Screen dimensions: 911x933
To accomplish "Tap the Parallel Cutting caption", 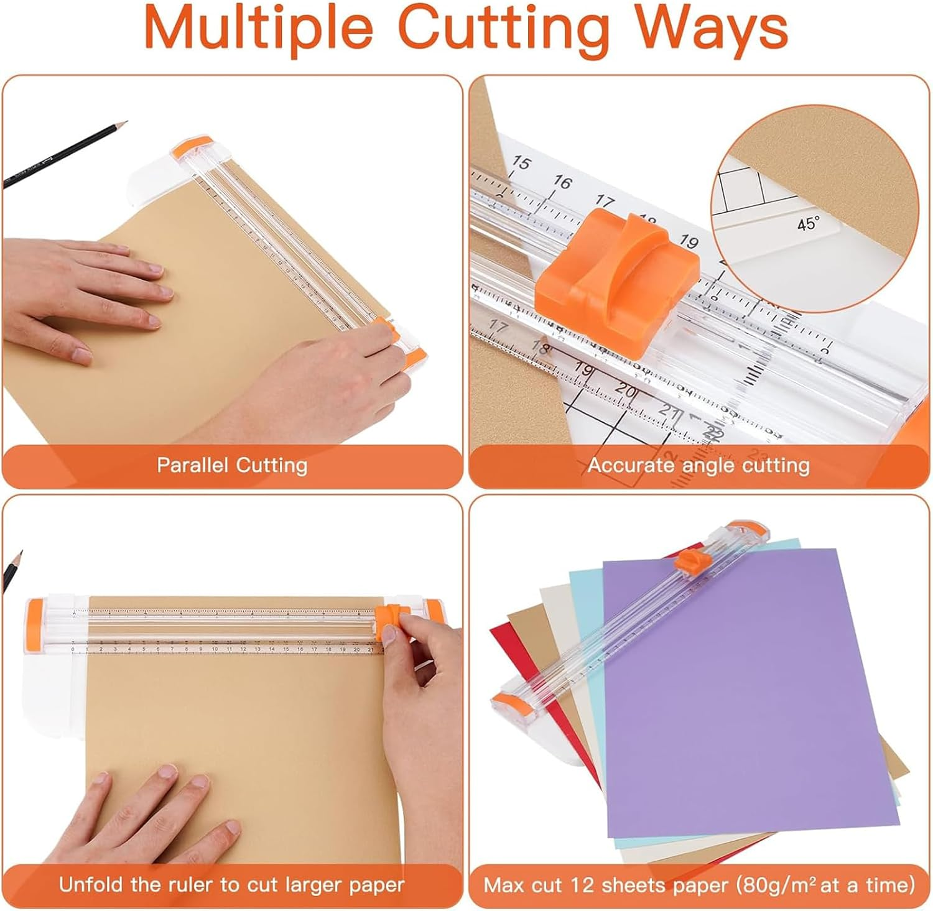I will (232, 465).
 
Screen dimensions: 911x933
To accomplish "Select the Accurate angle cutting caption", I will (699, 465).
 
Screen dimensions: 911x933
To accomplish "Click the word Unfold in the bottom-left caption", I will (91, 884).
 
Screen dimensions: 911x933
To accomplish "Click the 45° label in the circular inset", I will (808, 223).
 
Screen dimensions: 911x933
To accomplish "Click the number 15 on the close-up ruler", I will (521, 164).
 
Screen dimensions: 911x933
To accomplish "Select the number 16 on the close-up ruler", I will (562, 182).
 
